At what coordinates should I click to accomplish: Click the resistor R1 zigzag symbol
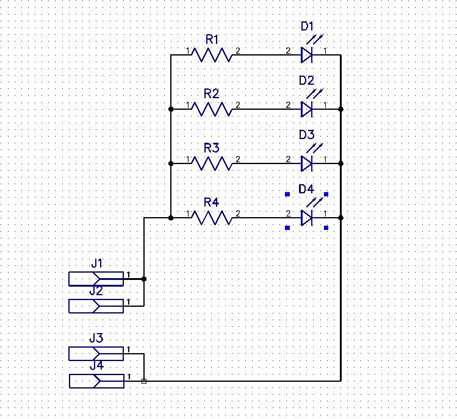pos(212,56)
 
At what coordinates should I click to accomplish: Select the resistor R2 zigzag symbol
pos(212,109)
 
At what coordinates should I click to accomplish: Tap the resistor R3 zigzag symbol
pos(212,163)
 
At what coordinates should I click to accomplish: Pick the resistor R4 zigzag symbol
pos(212,218)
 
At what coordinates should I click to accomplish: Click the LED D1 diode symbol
pos(307,56)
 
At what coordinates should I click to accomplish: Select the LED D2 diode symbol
pos(307,109)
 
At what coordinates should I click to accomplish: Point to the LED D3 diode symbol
pos(307,163)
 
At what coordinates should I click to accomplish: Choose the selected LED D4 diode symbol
pos(307,218)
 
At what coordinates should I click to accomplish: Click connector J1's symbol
pos(96,279)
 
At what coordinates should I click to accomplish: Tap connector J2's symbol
pos(96,306)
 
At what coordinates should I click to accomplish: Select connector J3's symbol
pos(96,354)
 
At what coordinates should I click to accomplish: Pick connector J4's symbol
pos(96,381)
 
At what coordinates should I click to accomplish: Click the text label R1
pos(212,39)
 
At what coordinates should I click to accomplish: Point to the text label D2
pos(306,81)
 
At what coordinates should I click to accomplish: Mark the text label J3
pos(96,338)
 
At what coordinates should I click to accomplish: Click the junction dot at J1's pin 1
pos(144,279)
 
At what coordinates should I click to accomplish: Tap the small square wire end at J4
pos(144,381)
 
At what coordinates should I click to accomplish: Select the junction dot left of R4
pos(171,218)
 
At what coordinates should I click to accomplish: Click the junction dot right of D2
pos(341,109)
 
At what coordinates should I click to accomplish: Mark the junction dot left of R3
pos(171,163)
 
